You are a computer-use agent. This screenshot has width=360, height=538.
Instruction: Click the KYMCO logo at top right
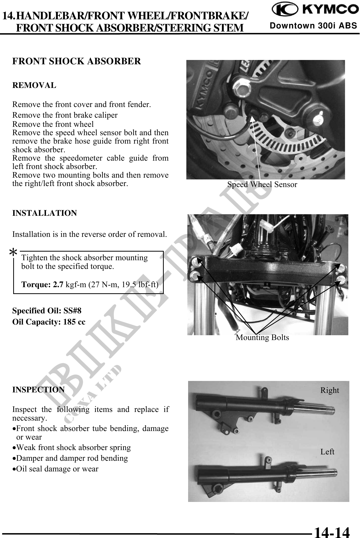pos(314,10)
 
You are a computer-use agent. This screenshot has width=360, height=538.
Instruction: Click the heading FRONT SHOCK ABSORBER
pos(76,61)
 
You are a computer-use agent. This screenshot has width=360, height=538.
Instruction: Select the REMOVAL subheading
pos(34,85)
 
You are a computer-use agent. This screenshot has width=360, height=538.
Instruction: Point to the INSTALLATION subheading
pos(44,213)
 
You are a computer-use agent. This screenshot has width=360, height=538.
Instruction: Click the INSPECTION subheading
pos(39,390)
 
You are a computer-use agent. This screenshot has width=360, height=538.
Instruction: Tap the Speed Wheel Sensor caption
pos(262,185)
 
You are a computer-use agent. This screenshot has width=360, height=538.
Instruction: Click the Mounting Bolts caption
pos(262,337)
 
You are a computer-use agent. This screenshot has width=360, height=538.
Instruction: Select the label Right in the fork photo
pos(330,390)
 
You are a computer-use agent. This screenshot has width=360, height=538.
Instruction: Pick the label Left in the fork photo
pos(327,452)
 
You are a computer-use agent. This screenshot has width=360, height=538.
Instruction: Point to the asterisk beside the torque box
pos(13,252)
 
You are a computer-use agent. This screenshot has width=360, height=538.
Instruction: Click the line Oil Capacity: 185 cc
pos(49,322)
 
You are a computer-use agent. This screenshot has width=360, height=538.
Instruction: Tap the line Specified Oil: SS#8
pos(47,311)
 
